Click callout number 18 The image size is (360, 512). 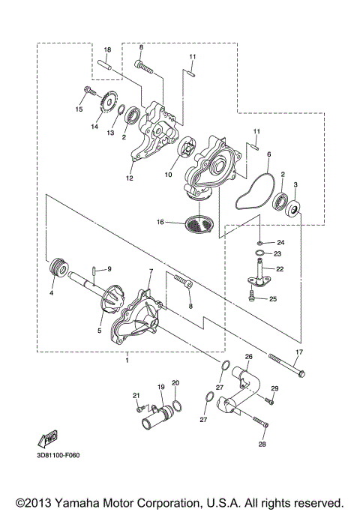point(107,49)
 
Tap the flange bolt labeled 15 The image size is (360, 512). point(88,94)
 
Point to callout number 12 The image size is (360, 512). point(130,179)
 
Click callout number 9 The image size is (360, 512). point(108,268)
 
